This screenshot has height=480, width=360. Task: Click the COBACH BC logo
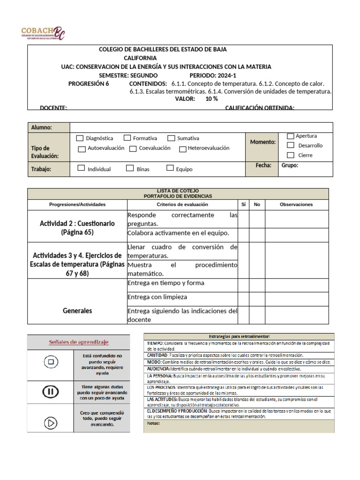pyautogui.click(x=43, y=33)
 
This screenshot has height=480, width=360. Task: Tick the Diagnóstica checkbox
pyautogui.click(x=79, y=138)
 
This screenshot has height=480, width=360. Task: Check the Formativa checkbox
pyautogui.click(x=127, y=138)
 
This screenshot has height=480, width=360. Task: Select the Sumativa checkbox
pyautogui.click(x=171, y=138)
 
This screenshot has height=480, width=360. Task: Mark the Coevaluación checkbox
pyautogui.click(x=133, y=149)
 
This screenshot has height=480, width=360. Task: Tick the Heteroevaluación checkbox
pyautogui.click(x=183, y=149)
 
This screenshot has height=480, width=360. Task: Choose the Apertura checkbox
pyautogui.click(x=291, y=136)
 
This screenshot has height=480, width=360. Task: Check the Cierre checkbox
pyautogui.click(x=291, y=155)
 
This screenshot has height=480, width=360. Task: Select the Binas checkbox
pyautogui.click(x=130, y=168)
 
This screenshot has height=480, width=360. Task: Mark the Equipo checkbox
pyautogui.click(x=170, y=168)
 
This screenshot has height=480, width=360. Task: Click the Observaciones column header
pyautogui.click(x=296, y=204)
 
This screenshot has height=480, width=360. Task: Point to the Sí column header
pyautogui.click(x=243, y=204)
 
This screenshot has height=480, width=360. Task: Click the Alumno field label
pyautogui.click(x=41, y=127)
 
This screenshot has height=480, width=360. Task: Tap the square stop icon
pyautogui.click(x=50, y=362)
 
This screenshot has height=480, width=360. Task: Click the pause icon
pyautogui.click(x=50, y=392)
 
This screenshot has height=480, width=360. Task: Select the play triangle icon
pyautogui.click(x=50, y=423)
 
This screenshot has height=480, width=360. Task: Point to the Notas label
pyautogui.click(x=153, y=423)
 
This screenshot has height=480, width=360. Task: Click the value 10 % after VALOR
pyautogui.click(x=211, y=99)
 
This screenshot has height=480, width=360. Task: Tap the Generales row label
pyautogui.click(x=77, y=310)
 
